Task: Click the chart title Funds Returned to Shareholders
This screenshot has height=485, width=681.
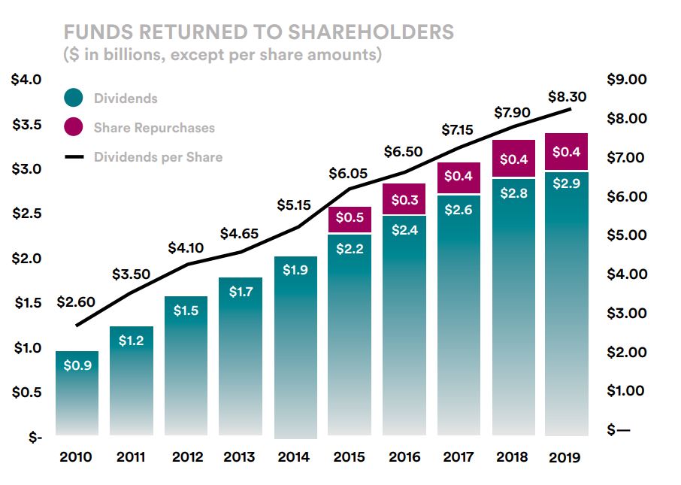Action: [x=259, y=32]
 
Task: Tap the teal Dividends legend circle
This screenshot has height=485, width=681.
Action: [x=74, y=98]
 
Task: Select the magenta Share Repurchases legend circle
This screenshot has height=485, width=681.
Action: [x=74, y=127]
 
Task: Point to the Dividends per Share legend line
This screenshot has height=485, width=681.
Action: [x=74, y=157]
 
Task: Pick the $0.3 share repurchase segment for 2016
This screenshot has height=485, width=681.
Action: [x=404, y=199]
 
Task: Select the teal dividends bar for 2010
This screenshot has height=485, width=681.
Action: [x=77, y=391]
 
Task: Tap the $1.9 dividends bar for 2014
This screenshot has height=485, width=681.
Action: [x=295, y=346]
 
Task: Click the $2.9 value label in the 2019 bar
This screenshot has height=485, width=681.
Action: [x=567, y=185]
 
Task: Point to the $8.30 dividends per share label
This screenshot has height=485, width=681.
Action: [x=567, y=96]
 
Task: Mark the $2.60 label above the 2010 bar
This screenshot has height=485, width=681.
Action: [x=76, y=302]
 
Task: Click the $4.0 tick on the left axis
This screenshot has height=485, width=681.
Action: [x=27, y=80]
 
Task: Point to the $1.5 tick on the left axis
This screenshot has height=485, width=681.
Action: [x=27, y=303]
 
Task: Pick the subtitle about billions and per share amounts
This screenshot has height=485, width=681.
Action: [x=222, y=54]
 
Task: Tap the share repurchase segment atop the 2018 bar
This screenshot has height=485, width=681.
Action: [x=513, y=159]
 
